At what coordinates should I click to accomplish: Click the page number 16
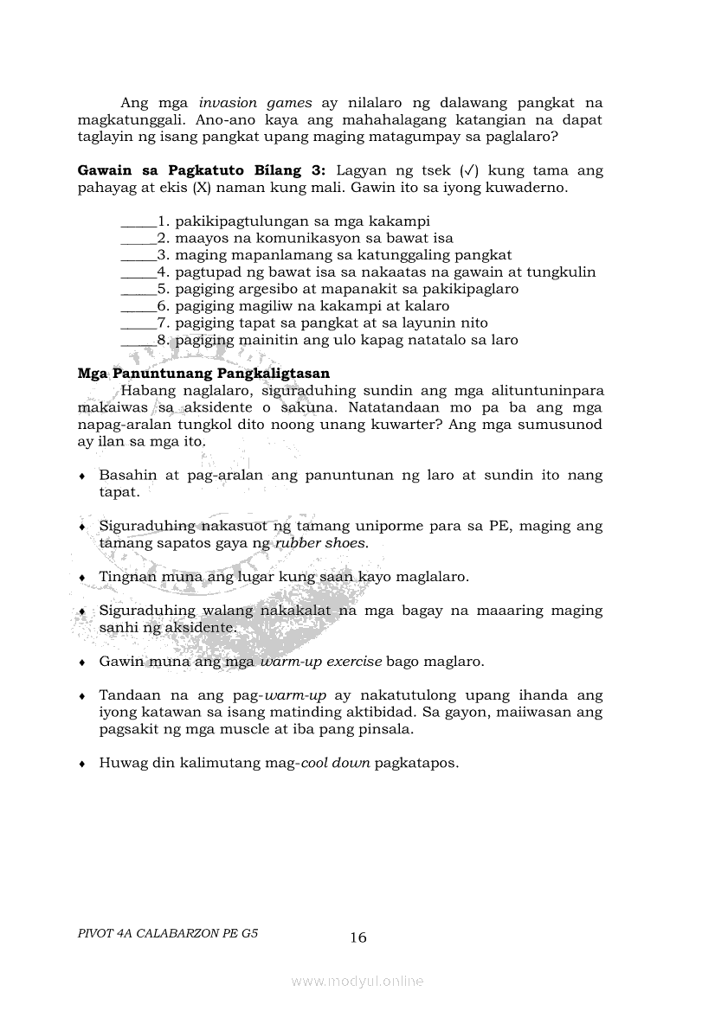(x=358, y=937)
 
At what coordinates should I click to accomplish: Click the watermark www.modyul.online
(x=357, y=981)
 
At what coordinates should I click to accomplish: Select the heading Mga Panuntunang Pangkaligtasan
(x=203, y=374)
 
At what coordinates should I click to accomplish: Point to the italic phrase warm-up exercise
(x=321, y=662)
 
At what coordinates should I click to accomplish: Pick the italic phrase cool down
(x=335, y=764)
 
